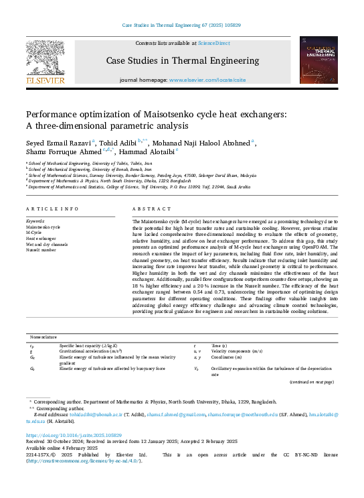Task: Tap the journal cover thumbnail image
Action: pyautogui.click(x=318, y=61)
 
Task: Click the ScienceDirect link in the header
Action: pyautogui.click(x=215, y=43)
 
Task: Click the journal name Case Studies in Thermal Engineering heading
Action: pyautogui.click(x=182, y=62)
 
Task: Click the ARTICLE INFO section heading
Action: pyautogui.click(x=52, y=209)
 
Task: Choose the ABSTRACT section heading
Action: pyautogui.click(x=148, y=209)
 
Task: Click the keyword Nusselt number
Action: pyautogui.click(x=41, y=250)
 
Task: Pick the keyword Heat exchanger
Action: pyautogui.click(x=41, y=239)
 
